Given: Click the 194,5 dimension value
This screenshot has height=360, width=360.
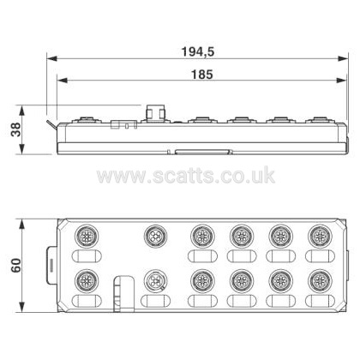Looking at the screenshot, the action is click(x=198, y=51).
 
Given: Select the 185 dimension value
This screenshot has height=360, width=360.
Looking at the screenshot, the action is click(x=201, y=75).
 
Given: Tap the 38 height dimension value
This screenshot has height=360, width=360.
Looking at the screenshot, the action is click(x=16, y=129).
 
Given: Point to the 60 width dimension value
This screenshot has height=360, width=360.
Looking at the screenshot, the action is click(x=16, y=265).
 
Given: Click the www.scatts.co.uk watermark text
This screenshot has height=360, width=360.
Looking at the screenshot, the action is click(x=186, y=175).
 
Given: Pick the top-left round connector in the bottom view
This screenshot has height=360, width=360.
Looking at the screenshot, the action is click(x=87, y=236).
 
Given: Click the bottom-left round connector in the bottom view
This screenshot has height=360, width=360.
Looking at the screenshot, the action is click(x=87, y=281).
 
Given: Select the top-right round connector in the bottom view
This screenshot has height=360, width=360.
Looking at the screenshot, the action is click(x=320, y=236).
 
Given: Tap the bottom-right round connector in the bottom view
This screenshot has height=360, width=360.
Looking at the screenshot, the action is click(x=320, y=281).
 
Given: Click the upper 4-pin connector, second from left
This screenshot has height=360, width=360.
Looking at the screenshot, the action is click(x=156, y=236).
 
